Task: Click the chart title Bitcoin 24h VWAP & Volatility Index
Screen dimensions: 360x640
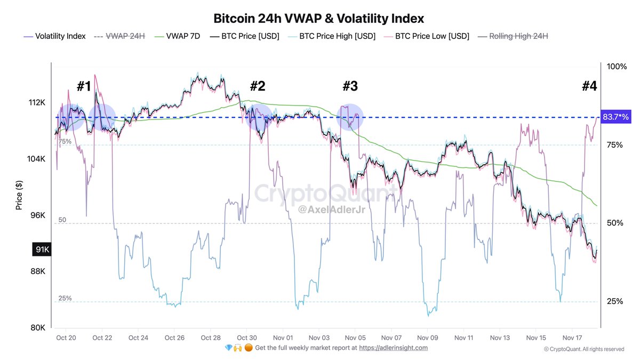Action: pos(319,19)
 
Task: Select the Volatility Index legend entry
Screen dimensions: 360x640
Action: pos(54,36)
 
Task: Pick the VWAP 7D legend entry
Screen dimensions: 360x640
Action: pos(178,36)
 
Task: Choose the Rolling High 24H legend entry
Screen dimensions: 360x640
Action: pos(513,36)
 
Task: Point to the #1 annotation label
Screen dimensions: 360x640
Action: pos(84,86)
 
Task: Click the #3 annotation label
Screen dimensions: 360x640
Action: pos(350,86)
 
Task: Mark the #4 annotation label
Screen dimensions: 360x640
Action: pos(589,86)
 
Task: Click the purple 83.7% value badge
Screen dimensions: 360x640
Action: pos(615,117)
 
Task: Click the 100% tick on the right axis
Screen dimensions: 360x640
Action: pos(617,67)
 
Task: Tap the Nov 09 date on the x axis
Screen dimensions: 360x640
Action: pos(427,338)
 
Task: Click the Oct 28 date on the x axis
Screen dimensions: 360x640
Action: pos(211,338)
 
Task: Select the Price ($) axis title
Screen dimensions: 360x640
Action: pos(19,195)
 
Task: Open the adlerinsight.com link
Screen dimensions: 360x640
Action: pos(393,348)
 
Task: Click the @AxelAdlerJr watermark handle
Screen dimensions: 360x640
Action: pos(326,210)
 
